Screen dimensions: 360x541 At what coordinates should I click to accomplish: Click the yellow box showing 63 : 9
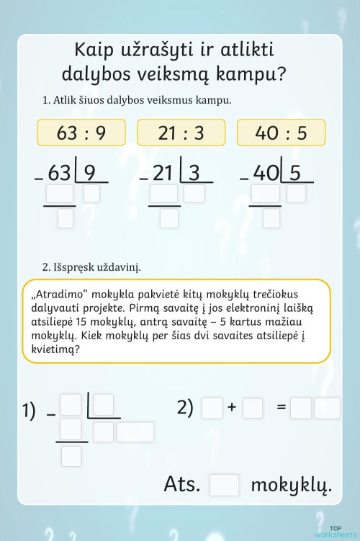81,133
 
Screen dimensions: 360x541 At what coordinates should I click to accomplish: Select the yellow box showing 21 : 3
181,133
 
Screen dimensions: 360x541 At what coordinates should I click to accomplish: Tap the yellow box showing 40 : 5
281,133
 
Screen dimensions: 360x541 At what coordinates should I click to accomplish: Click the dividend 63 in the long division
59,173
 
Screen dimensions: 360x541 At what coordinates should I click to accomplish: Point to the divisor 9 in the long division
90,173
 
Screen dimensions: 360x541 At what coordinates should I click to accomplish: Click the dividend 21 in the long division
163,173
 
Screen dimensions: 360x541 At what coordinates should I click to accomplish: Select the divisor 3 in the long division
194,173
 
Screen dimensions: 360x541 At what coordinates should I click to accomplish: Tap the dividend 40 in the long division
266,173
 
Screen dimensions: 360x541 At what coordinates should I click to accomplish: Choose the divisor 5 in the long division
294,173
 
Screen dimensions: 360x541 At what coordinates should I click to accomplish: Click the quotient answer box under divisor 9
91,193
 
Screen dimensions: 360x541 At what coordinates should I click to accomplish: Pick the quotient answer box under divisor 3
194,193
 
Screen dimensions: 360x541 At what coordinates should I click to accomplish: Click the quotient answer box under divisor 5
296,193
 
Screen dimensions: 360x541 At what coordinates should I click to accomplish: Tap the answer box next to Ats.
224,485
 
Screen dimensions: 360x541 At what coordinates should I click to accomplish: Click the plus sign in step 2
232,408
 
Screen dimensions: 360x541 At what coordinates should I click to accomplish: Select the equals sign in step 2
282,408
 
